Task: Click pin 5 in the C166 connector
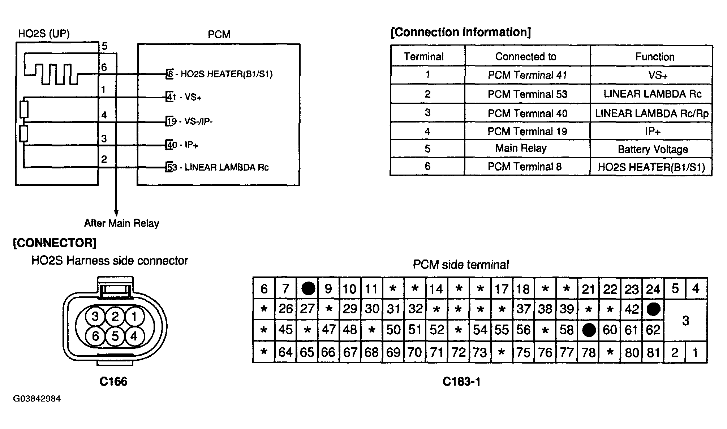point(115,336)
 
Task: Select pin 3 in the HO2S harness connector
point(95,317)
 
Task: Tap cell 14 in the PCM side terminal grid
point(436,288)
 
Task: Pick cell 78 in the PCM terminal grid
point(588,352)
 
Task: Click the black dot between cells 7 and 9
point(308,288)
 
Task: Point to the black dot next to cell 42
point(653,309)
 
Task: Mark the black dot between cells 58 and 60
point(589,330)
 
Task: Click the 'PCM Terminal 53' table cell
point(527,94)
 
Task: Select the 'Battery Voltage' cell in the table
point(652,149)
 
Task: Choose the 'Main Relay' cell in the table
point(521,148)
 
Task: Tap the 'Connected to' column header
point(526,56)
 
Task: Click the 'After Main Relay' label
point(121,223)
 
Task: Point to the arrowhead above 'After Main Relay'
point(116,213)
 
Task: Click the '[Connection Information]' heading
point(461,32)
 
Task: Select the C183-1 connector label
point(461,382)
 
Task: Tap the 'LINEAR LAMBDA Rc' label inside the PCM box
point(227,167)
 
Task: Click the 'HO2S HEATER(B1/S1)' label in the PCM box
point(227,74)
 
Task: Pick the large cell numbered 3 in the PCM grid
point(685,320)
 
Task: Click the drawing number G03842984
point(37,399)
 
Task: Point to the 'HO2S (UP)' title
point(44,34)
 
